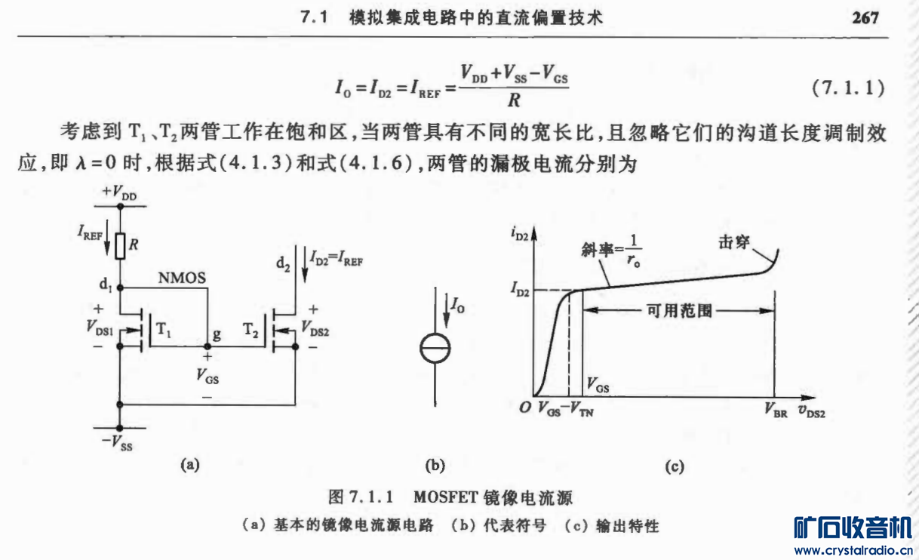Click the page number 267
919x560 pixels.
pos(865,18)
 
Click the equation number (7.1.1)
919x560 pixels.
pos(847,88)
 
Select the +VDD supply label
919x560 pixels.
pos(120,194)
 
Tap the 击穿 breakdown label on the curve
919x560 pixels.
pos(736,244)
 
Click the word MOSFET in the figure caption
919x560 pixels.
pos(443,497)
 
